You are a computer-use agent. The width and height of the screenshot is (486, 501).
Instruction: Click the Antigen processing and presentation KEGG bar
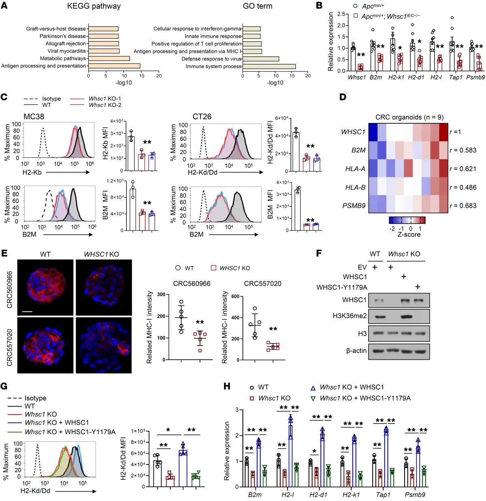(114, 66)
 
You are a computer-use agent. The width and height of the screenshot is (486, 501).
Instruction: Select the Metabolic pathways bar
(109, 58)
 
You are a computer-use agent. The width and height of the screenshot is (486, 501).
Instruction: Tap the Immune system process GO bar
(269, 66)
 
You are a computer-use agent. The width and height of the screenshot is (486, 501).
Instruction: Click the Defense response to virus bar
(260, 59)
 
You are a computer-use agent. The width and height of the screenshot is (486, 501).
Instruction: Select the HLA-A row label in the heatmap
(355, 169)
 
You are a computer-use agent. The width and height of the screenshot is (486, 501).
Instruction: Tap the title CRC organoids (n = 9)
(409, 117)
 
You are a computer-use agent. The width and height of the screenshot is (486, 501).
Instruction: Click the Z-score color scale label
(409, 235)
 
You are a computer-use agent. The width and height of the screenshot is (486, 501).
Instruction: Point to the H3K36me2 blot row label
(352, 316)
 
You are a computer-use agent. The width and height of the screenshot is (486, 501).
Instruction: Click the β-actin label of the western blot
(356, 351)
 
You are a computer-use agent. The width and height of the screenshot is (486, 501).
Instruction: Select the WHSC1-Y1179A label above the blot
(342, 287)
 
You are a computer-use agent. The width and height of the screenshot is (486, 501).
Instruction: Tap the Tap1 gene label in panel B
(456, 77)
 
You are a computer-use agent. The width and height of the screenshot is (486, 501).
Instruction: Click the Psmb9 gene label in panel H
(415, 495)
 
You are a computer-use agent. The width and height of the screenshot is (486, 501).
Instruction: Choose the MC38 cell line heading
(34, 117)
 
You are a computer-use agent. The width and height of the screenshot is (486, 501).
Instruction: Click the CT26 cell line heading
(202, 117)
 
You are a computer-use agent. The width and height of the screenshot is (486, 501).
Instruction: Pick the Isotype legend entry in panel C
(51, 98)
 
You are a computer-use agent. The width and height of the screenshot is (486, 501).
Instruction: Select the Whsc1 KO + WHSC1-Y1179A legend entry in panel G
(70, 432)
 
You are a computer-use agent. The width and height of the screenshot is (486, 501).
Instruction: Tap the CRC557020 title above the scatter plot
(262, 284)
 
